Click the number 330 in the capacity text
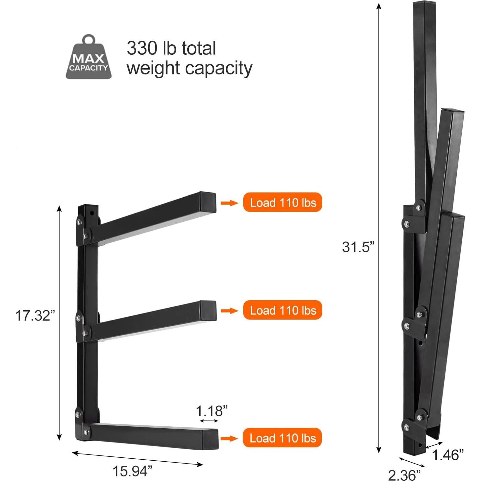click(142, 49)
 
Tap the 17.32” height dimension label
click(35, 315)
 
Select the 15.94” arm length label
click(132, 471)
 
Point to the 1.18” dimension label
click(212, 411)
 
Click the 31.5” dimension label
click(358, 247)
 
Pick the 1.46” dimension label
click(448, 455)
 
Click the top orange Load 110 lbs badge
click(282, 202)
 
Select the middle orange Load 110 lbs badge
click(282, 310)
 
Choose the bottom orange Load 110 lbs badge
click(282, 438)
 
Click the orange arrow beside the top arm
click(229, 203)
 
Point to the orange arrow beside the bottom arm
click(229, 438)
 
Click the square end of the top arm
click(208, 202)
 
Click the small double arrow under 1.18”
click(209, 421)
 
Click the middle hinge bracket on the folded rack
click(414, 320)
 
